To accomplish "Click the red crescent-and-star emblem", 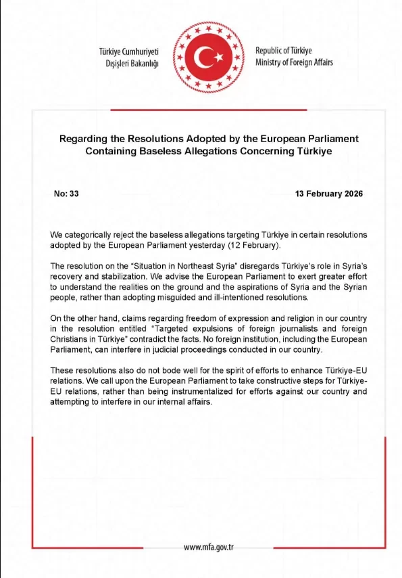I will pos(201,60).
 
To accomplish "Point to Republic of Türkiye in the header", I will pos(283,51).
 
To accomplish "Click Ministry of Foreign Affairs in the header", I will pos(294,63).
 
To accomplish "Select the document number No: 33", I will pos(66,194).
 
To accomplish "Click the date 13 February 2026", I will pos(329,194).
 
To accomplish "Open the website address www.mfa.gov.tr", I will pos(209,548).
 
